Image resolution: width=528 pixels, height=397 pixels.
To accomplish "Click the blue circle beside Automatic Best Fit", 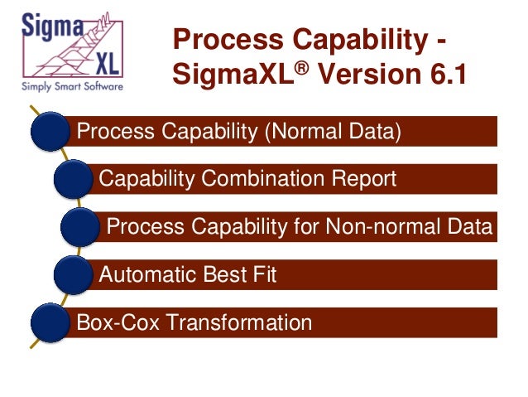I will point(73,274).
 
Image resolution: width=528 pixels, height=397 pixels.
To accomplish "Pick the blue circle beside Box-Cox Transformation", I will point(50,322).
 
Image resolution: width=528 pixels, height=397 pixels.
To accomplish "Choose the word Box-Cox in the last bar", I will point(108,322).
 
